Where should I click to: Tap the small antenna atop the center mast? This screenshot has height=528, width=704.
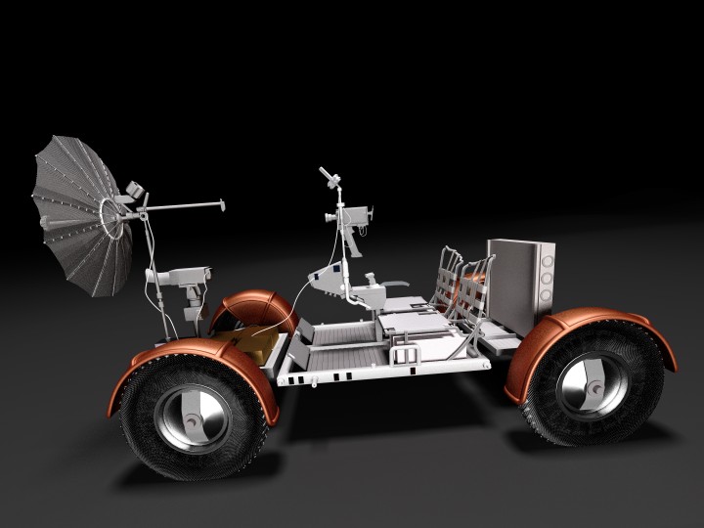point(330,178)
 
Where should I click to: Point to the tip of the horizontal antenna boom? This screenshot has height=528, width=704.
point(221,204)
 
